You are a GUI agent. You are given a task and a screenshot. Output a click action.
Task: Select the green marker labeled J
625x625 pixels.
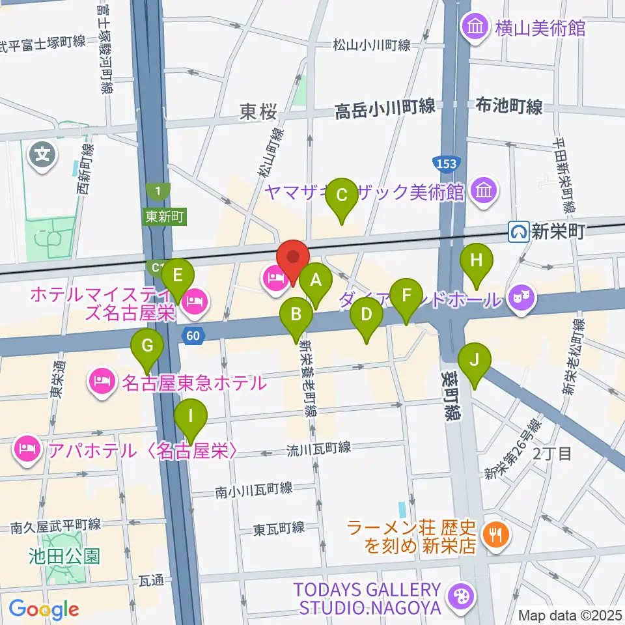click(x=475, y=360)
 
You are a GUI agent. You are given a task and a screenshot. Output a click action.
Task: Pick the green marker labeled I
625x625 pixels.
click(x=191, y=415)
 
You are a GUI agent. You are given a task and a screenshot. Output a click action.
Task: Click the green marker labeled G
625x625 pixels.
click(x=148, y=345)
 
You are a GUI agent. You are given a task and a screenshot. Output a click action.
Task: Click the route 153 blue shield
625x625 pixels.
click(x=447, y=162)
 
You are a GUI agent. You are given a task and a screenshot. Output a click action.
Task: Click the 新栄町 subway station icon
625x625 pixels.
click(x=519, y=230)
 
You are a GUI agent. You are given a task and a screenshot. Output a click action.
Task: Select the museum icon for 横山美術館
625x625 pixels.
click(x=472, y=27)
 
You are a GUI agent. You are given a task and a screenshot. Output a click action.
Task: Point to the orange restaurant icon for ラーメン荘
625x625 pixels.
click(x=497, y=535)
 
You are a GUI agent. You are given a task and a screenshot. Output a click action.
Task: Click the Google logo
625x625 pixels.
click(x=44, y=609)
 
